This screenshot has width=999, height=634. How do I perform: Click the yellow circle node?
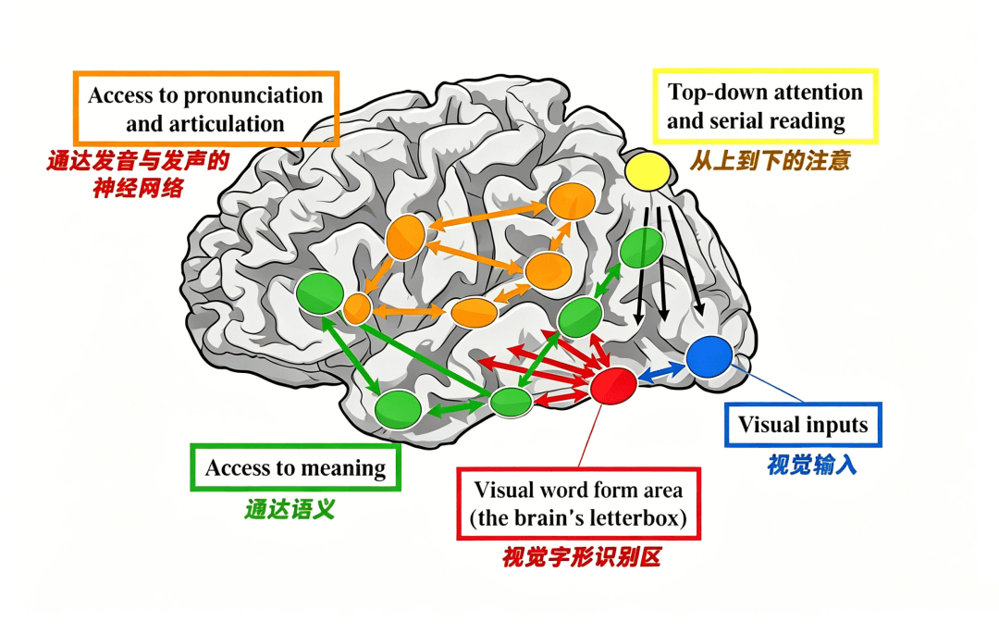click(647, 171)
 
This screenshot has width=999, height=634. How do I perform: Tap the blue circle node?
click(709, 357)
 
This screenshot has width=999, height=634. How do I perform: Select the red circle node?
click(613, 386)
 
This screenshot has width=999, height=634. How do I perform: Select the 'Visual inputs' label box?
click(804, 425)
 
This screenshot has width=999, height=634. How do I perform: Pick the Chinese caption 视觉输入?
click(812, 466)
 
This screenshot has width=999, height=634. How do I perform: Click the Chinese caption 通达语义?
click(290, 509)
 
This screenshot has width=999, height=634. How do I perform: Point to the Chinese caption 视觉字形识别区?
click(581, 557)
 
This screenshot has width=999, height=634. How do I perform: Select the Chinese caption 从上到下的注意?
click(770, 160)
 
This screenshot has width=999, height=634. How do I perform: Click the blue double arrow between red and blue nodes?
click(661, 371)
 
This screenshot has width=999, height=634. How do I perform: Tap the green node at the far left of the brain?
click(320, 292)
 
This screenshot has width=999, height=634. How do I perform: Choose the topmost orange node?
click(572, 202)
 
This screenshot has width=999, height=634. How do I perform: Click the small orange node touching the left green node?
click(357, 309)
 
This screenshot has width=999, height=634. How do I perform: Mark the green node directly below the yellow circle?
click(642, 248)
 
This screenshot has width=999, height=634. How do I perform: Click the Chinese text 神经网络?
click(138, 188)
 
